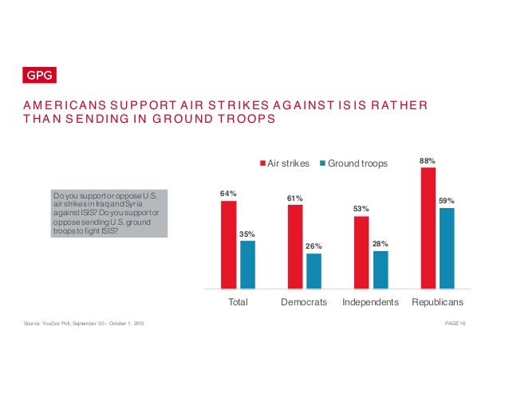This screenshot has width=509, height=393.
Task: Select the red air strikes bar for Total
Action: (228, 244)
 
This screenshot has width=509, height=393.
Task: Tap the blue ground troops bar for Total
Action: (247, 264)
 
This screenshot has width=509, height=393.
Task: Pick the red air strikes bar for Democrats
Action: (295, 246)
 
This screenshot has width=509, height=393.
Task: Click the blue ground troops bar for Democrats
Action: (314, 270)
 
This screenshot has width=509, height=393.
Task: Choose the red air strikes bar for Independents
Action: (361, 252)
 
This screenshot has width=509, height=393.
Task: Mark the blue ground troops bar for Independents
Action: (381, 269)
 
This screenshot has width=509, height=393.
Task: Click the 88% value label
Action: (428, 160)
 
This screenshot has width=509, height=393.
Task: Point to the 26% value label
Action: (314, 246)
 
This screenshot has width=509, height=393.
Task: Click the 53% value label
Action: (361, 209)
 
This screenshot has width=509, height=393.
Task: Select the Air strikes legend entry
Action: (286, 163)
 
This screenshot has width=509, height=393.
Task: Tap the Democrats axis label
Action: (304, 303)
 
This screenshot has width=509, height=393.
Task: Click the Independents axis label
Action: (371, 303)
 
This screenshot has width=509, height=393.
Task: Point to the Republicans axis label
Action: (437, 303)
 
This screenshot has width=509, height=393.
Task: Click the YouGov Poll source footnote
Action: (84, 322)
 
